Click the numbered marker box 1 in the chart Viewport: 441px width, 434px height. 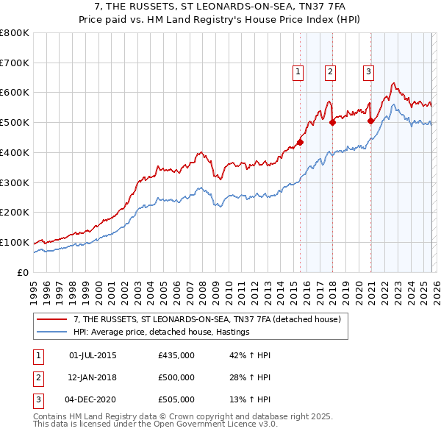coord(298,71)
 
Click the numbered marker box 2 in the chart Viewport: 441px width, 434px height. coord(331,71)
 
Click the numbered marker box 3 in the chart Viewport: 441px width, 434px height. coord(368,71)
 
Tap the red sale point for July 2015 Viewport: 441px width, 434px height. coord(300,142)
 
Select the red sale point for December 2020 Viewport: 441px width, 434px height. coord(370,121)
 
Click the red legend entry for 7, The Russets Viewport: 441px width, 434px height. coord(206,320)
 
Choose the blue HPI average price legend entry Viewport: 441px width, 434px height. coord(162,332)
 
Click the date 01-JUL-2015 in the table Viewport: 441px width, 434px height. coord(92,355)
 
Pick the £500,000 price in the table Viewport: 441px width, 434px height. coord(176,377)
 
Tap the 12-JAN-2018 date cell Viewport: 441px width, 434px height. coord(92,377)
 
